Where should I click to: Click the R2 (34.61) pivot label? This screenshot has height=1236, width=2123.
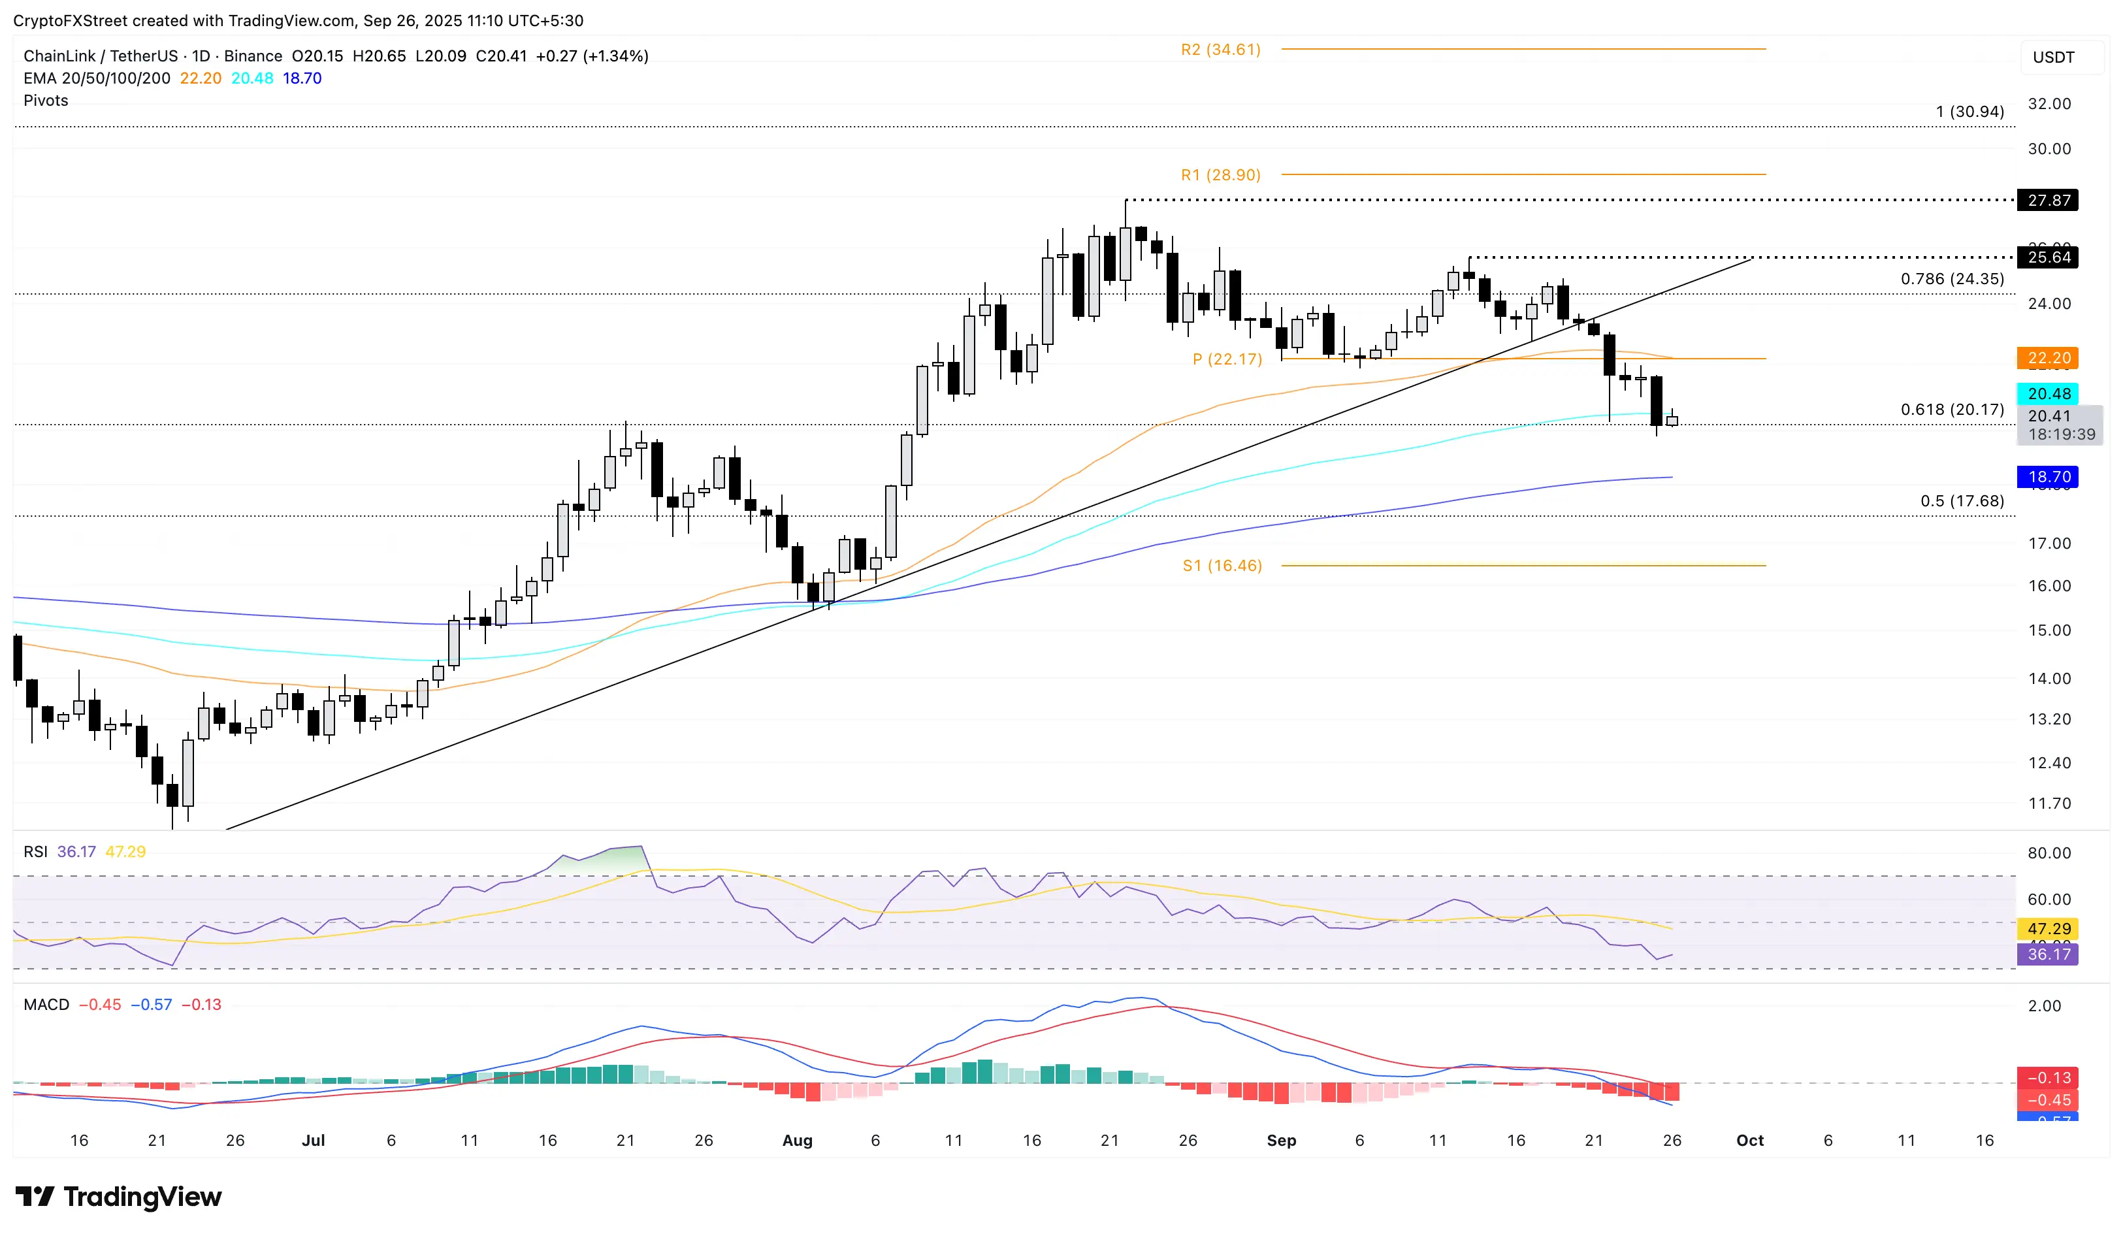pos(1220,50)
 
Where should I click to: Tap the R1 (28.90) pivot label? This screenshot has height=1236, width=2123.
pos(1220,175)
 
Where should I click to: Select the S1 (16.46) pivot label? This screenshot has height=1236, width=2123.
pos(1222,565)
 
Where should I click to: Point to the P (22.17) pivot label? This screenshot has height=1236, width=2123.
pos(1227,359)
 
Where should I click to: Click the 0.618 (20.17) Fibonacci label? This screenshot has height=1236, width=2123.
pos(1952,410)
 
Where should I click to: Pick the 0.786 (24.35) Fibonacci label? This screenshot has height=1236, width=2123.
pos(1952,279)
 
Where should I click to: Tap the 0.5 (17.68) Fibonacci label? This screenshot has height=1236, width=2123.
pos(1961,501)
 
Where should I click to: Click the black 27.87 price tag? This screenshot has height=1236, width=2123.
pos(2048,201)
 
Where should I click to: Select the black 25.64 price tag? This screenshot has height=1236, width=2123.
pos(2048,257)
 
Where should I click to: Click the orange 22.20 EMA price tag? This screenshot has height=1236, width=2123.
pos(2048,358)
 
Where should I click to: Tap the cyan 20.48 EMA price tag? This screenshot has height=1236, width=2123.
pos(2048,393)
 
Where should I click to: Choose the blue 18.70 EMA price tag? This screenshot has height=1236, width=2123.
pos(2048,477)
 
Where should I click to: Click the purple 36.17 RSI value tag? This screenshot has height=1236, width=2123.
pos(2048,954)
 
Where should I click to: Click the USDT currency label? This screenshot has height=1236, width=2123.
pos(2053,57)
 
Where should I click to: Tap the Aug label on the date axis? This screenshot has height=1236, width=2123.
pos(797,1141)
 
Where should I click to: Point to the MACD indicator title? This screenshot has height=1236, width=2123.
pos(46,1004)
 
